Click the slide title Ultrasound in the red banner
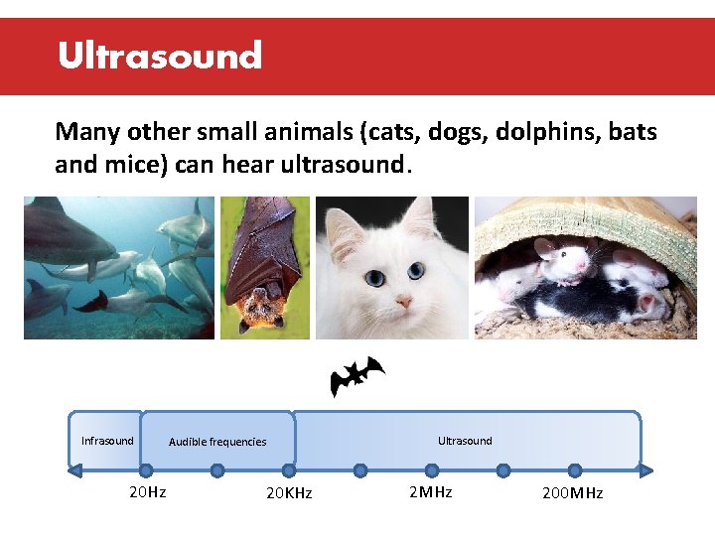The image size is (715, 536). [x=159, y=56]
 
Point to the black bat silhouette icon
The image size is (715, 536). [x=357, y=375]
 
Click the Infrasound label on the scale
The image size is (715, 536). [x=107, y=441]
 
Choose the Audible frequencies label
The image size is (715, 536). [x=217, y=442]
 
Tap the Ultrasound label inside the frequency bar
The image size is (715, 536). [x=465, y=441]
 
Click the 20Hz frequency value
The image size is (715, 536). [x=148, y=492]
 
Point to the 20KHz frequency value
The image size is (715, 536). [x=289, y=493]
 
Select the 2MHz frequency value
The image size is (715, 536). [x=430, y=492]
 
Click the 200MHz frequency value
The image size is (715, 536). [x=572, y=493]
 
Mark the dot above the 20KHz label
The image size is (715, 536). [x=289, y=470]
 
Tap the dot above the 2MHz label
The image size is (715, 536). [x=431, y=470]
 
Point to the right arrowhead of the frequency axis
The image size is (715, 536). [x=646, y=470]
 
